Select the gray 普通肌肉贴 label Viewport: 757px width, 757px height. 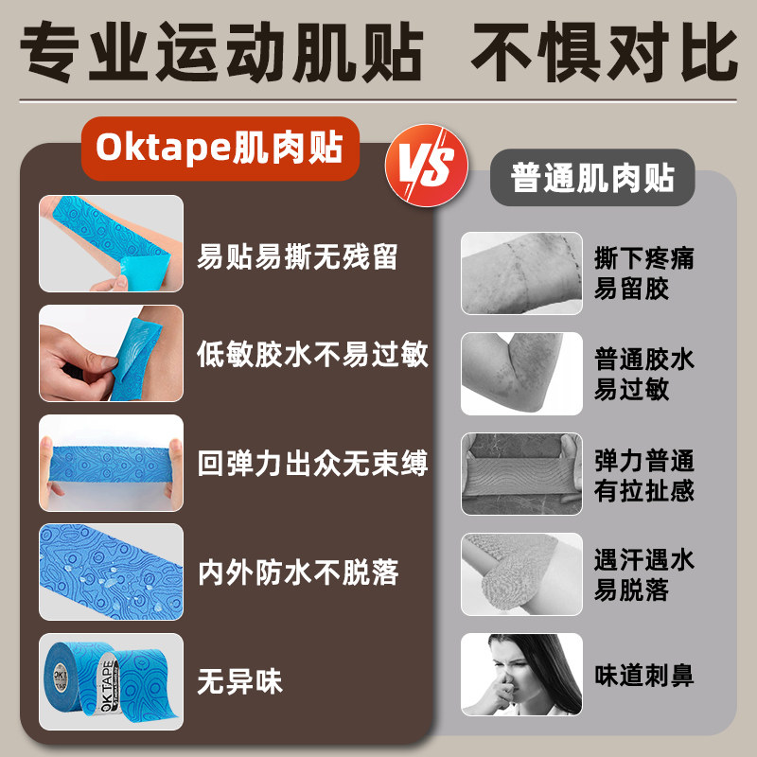click(591, 177)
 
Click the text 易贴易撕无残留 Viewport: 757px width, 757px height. click(297, 256)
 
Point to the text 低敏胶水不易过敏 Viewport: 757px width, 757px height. click(313, 356)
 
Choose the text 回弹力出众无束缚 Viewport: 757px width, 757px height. click(313, 464)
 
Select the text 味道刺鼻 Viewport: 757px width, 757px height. click(644, 676)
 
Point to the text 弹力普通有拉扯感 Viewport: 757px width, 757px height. click(644, 476)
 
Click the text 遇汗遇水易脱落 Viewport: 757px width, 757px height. click(644, 574)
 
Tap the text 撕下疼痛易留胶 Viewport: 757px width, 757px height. click(644, 273)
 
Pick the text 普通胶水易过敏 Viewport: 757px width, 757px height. click(644, 374)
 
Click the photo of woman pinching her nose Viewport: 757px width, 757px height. click(521, 675)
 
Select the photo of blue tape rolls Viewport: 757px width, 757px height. click(111, 680)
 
